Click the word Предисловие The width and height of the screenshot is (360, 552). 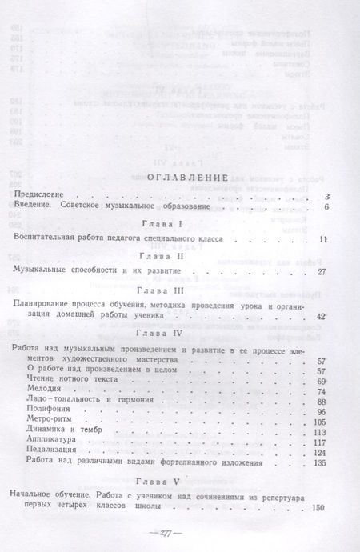[44, 195]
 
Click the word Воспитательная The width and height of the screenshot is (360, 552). [49, 239]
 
